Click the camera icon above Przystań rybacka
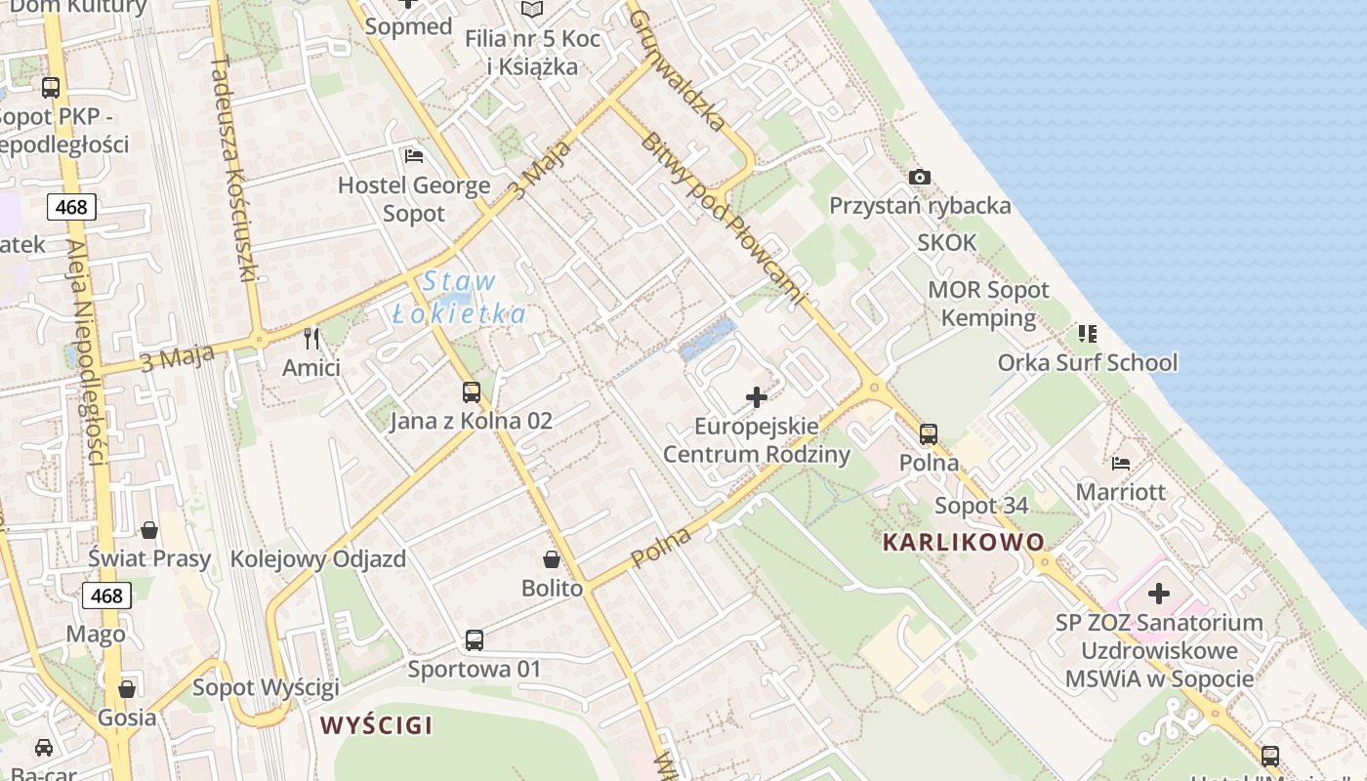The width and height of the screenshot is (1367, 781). [x=919, y=177]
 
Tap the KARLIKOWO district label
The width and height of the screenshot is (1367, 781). [x=964, y=542]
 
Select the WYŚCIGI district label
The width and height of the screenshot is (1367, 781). [x=376, y=725]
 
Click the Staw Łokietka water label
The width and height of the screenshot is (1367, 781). [x=460, y=298]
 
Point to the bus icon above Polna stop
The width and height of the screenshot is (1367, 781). [x=929, y=433]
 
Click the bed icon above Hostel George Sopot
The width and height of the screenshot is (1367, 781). [x=414, y=155]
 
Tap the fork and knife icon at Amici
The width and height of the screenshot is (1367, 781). [x=311, y=339]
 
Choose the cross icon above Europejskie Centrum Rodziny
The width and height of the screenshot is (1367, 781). [x=757, y=397]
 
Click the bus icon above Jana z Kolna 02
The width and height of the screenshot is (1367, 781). [x=472, y=392]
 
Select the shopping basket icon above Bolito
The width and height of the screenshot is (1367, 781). [x=552, y=559]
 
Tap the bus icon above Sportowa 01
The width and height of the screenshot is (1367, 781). [x=475, y=640]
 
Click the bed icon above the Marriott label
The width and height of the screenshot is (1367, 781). [x=1121, y=463]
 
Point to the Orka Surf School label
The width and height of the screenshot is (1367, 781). [x=1088, y=363]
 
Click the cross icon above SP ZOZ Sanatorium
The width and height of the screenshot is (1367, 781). [x=1159, y=594]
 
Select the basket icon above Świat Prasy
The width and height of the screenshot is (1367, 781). [x=149, y=530]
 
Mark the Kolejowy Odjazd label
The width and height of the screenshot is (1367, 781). [x=317, y=560]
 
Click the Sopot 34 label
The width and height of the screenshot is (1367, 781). [x=981, y=506]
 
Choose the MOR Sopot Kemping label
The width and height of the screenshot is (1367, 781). [x=988, y=304]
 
